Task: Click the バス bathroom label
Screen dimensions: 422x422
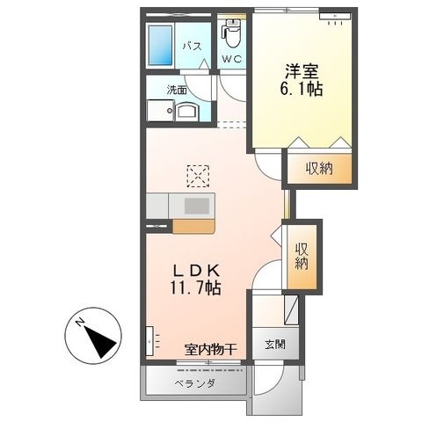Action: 193,47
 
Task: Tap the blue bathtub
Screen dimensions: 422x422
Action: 160,46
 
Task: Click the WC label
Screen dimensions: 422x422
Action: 231,60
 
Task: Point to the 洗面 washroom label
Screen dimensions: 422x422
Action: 177,90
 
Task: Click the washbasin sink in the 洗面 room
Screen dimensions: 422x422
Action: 187,111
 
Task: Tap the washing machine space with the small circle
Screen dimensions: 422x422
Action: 161,111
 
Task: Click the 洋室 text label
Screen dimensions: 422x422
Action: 302,71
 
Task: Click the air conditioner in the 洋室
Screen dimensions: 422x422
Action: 335,16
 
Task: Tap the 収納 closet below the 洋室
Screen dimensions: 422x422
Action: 319,169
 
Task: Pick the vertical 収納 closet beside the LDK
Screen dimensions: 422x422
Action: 302,256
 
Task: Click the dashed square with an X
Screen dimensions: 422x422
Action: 198,176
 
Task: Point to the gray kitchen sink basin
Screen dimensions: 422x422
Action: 197,206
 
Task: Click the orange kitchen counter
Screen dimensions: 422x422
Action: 193,227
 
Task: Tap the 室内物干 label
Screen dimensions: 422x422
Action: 210,349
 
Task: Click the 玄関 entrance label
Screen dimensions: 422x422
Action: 275,345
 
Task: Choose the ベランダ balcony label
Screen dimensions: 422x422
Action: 195,383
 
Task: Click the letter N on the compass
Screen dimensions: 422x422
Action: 80,323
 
